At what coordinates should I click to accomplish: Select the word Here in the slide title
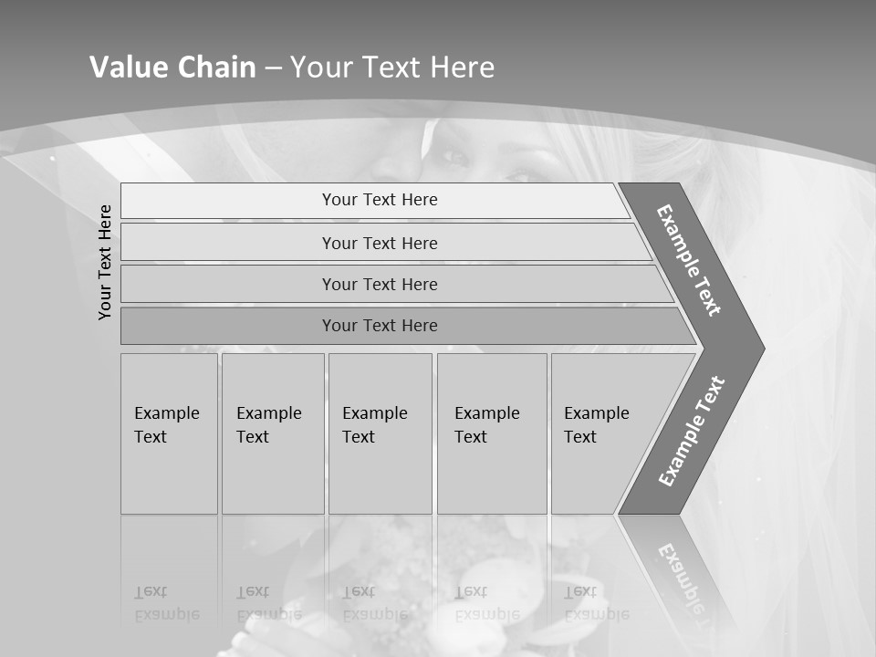[462, 68]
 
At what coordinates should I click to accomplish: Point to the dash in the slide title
[273, 68]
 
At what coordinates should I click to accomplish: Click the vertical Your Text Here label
[106, 262]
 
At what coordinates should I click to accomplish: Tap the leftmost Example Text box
[169, 433]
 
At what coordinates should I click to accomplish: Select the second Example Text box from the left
[273, 433]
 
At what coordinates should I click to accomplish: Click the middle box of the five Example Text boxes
[380, 433]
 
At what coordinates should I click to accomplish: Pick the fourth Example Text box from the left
[492, 433]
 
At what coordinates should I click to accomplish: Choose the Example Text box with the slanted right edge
[602, 433]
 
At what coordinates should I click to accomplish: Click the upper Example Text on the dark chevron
[689, 260]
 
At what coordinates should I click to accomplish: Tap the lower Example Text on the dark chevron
[692, 432]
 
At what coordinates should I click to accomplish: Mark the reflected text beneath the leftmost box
[167, 603]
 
